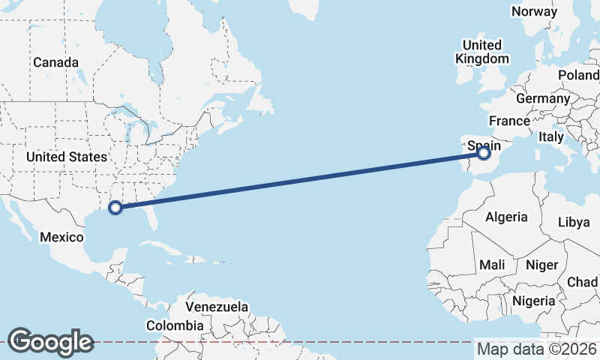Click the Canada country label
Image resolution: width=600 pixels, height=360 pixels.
(x=55, y=62)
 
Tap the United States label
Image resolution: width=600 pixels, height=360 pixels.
(x=66, y=157)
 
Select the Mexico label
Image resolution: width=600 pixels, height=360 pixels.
(x=61, y=237)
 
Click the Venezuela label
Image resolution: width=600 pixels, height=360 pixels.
(x=217, y=307)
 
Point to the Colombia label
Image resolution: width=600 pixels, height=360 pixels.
(x=175, y=326)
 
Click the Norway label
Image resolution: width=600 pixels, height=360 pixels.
(x=534, y=11)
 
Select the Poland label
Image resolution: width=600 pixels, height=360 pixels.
(x=578, y=76)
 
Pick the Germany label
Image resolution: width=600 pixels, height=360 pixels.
(x=543, y=99)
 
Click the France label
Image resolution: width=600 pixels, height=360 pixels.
(x=510, y=121)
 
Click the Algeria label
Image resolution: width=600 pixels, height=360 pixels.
(x=507, y=217)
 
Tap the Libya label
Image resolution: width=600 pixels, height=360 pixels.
(x=574, y=223)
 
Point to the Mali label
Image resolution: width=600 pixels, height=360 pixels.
(x=492, y=265)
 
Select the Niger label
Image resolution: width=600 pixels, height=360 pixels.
(x=542, y=265)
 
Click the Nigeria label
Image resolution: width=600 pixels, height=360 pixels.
(x=533, y=301)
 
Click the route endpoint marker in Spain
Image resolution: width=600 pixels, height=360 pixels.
(x=484, y=153)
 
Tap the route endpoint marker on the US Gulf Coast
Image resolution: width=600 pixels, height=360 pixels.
(x=115, y=208)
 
